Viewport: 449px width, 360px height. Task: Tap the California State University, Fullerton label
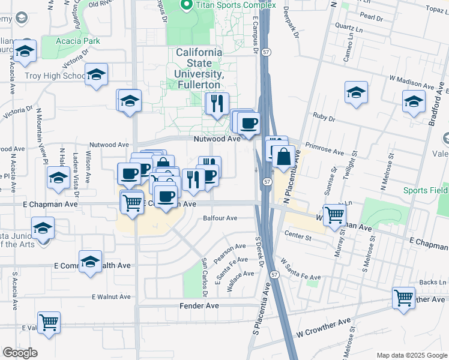(x=199, y=68)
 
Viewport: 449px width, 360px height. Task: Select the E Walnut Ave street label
(x=111, y=296)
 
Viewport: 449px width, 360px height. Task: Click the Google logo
(x=19, y=353)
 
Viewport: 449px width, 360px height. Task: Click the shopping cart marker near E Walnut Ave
(x=48, y=321)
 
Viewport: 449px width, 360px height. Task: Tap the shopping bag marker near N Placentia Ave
(x=283, y=158)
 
